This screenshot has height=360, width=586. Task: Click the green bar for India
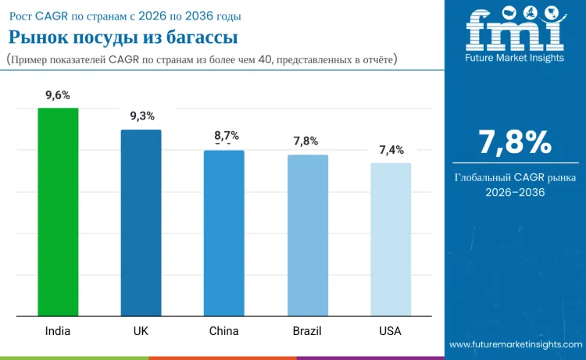[58, 212]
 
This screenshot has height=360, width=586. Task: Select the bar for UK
[141, 223]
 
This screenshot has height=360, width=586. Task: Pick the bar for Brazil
[307, 235]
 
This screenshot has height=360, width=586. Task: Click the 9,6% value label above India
[58, 95]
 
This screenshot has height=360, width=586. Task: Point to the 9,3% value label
[141, 116]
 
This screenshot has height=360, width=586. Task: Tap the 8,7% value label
[227, 136]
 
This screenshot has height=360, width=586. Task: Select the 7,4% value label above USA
[391, 150]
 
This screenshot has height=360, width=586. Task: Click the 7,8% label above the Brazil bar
[306, 141]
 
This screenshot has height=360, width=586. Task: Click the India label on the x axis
[58, 331]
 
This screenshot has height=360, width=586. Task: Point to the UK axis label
[141, 331]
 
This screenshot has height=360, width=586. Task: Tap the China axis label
[223, 331]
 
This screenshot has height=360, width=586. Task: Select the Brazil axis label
[307, 331]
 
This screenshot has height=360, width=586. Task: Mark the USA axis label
[390, 331]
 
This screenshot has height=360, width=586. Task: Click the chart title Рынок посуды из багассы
[123, 37]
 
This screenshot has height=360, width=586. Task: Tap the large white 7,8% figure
[515, 142]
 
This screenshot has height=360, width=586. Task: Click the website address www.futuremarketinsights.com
[516, 344]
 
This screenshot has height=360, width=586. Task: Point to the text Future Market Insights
[514, 58]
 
